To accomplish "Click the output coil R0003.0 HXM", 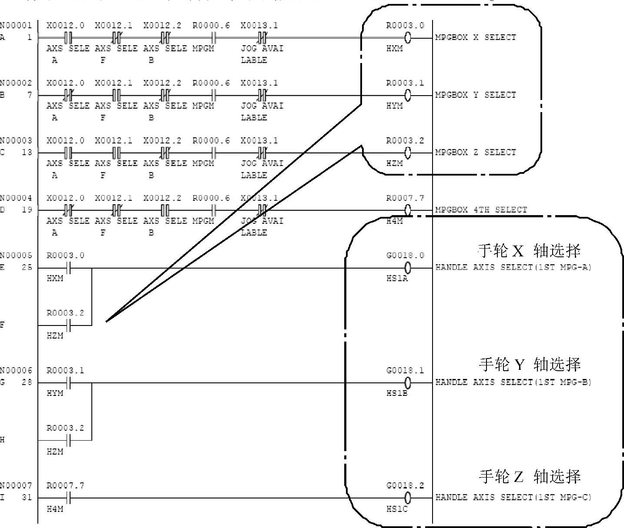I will [408, 38].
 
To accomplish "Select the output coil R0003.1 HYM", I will [408, 95].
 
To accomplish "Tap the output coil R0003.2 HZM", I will [408, 153].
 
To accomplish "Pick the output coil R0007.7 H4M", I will [408, 210].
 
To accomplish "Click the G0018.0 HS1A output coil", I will [408, 268].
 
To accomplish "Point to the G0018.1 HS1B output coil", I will [408, 383].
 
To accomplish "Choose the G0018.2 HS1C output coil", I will [408, 498].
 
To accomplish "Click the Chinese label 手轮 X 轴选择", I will [529, 251].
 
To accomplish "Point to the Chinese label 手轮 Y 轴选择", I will [529, 364].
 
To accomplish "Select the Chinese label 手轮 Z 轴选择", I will [529, 477].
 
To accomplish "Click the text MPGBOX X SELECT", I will [475, 37].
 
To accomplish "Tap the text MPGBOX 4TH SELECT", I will [481, 210].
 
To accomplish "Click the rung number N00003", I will [16, 141].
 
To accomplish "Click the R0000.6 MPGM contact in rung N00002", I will [213, 95].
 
